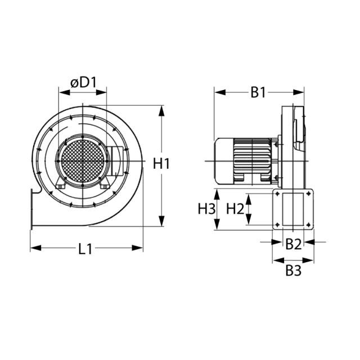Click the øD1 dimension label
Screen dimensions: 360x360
click(x=84, y=82)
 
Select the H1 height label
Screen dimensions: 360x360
click(x=161, y=164)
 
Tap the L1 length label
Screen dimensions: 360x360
click(x=85, y=249)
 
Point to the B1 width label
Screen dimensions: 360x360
click(x=258, y=92)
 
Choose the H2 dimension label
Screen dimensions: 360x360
click(x=235, y=209)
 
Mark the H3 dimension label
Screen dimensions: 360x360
click(x=206, y=209)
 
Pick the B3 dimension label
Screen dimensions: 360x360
click(x=293, y=271)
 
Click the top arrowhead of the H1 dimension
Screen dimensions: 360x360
click(x=162, y=110)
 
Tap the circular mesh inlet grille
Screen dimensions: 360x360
click(x=82, y=160)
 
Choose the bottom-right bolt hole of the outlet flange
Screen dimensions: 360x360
click(x=309, y=225)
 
